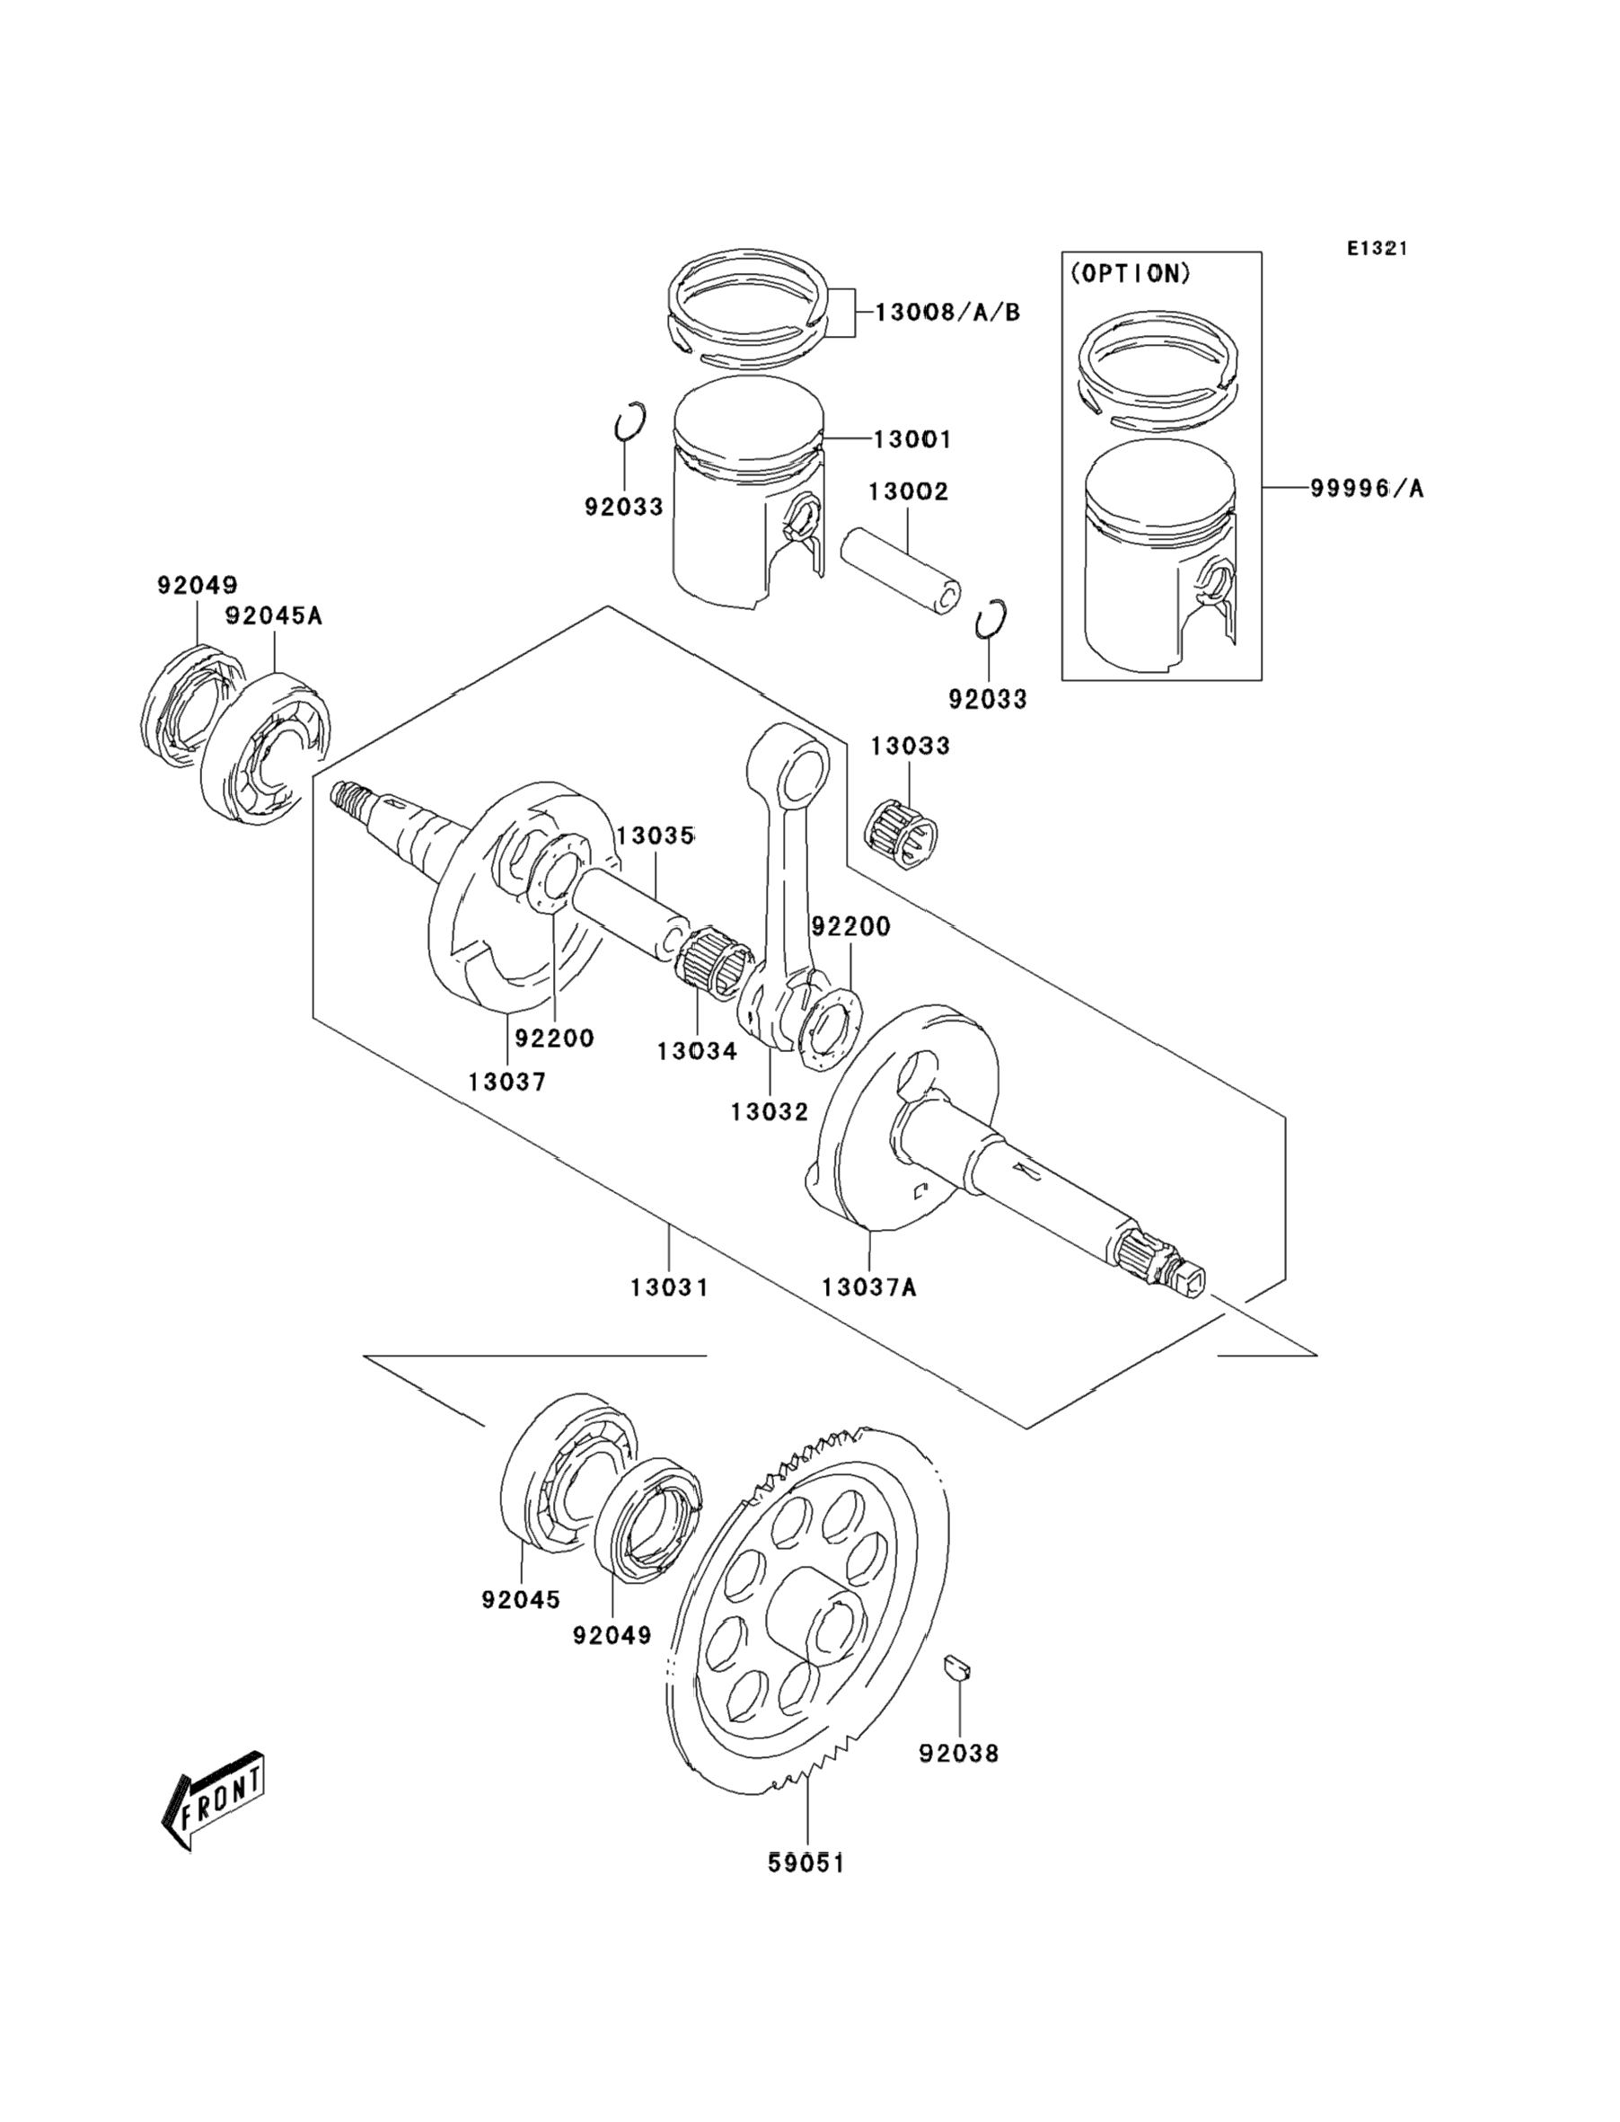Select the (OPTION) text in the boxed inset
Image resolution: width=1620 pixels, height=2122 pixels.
tap(1131, 274)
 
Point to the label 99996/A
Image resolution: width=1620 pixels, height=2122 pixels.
tap(1367, 489)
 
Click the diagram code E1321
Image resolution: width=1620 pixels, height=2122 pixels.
tap(1377, 249)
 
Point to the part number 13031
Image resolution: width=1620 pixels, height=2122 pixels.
tap(669, 1287)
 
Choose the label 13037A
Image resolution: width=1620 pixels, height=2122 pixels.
tap(869, 1287)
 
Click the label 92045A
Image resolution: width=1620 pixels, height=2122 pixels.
tap(273, 615)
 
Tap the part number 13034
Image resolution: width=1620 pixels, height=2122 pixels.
tap(697, 1051)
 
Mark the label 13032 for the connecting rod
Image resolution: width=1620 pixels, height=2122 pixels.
tap(770, 1112)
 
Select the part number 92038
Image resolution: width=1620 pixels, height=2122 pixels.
tap(958, 1754)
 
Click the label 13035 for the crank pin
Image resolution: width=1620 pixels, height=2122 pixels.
tap(656, 836)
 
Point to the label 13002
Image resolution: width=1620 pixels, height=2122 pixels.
tap(909, 492)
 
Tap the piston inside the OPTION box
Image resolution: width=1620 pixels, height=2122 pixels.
tap(1160, 556)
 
